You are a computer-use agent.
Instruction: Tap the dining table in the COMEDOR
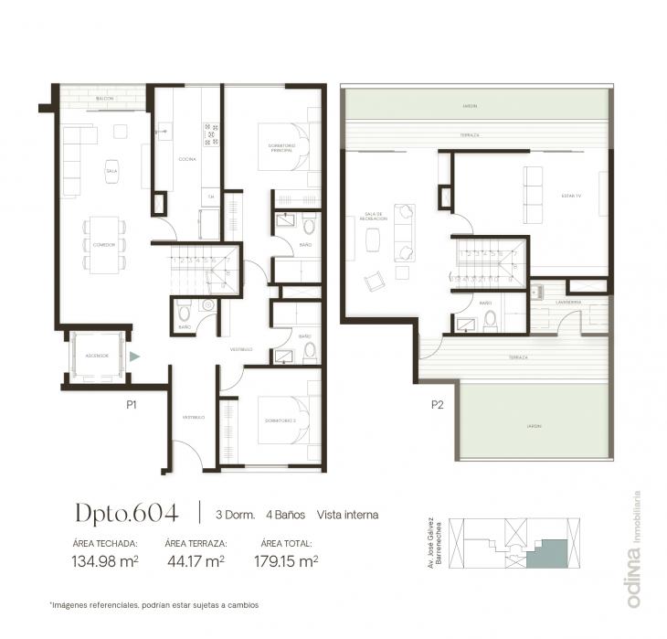[104, 245]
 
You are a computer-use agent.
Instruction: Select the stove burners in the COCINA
[212, 134]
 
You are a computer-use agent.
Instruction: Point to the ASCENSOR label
[98, 355]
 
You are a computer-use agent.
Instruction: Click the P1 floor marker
[132, 403]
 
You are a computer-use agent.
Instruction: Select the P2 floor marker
[438, 403]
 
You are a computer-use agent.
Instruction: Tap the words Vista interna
[347, 515]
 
